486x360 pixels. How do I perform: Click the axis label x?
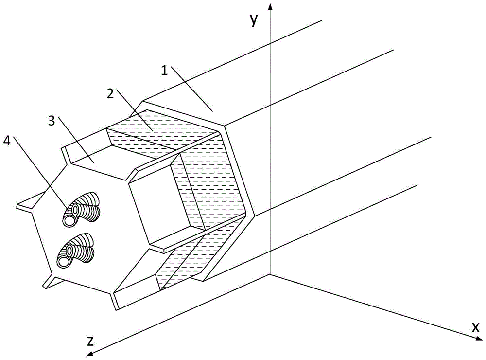coord(475,327)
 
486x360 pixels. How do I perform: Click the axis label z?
coord(90,342)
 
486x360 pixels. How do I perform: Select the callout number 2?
coord(111,93)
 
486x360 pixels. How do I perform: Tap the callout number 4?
coord(6,141)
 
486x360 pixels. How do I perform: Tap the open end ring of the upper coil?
coord(69,219)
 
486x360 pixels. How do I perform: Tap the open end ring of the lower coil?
coord(64,261)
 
